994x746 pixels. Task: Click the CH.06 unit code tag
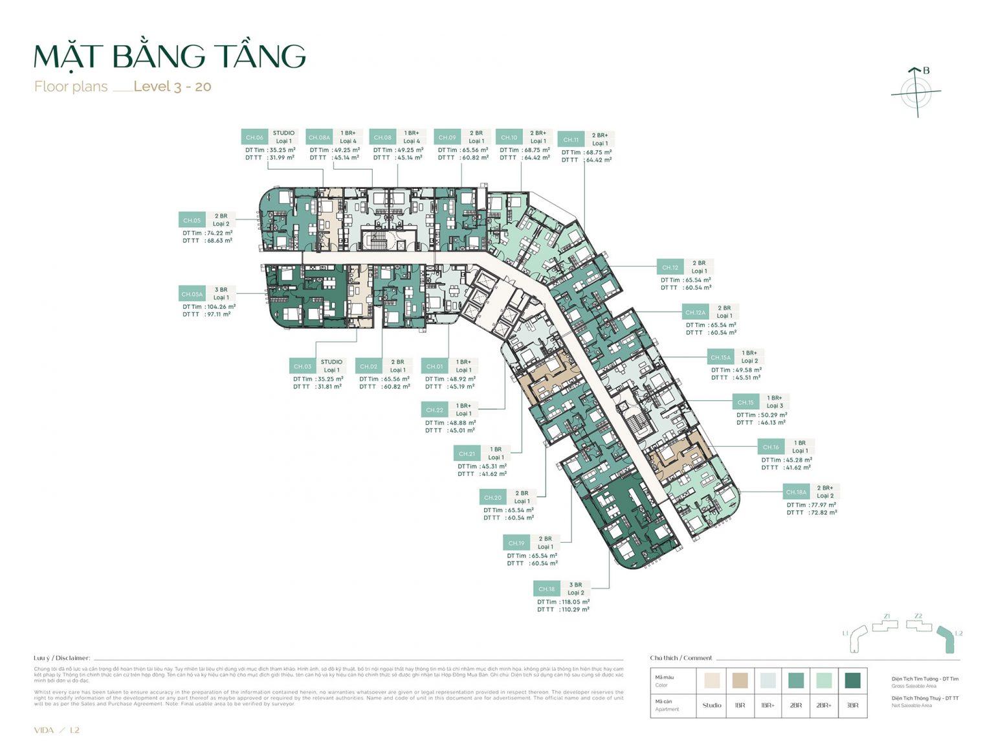click(x=254, y=137)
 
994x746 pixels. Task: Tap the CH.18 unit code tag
click(x=547, y=589)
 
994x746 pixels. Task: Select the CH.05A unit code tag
click(x=192, y=294)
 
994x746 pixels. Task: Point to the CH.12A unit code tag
click(x=695, y=312)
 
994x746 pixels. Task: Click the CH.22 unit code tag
click(x=435, y=410)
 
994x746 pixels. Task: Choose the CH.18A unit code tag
click(x=796, y=492)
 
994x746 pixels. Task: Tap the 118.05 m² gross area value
click(x=575, y=602)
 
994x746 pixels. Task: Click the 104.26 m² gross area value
click(x=221, y=307)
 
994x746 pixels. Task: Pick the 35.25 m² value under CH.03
click(x=329, y=379)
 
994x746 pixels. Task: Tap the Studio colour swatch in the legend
click(x=712, y=680)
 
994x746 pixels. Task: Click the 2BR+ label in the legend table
click(x=824, y=705)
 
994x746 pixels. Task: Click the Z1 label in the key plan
click(x=887, y=616)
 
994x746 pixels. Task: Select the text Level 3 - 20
click(x=172, y=87)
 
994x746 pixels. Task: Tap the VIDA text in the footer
click(x=44, y=730)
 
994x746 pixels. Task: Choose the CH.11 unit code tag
click(x=571, y=140)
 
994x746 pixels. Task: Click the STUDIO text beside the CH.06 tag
click(x=283, y=133)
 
